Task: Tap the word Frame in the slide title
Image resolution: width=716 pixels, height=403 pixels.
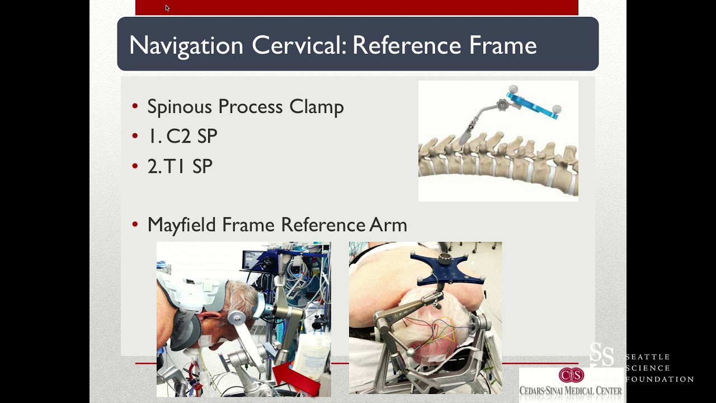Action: (x=502, y=45)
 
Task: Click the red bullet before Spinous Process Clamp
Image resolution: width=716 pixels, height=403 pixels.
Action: (x=135, y=106)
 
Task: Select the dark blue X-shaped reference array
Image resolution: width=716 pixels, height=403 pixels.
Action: (x=446, y=269)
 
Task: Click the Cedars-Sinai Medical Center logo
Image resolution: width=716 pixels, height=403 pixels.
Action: (x=571, y=384)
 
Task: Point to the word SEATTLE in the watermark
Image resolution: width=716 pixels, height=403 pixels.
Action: (x=648, y=357)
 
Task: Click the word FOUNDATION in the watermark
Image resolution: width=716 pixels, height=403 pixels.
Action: (x=660, y=379)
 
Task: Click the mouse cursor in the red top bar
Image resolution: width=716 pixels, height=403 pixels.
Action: (x=167, y=8)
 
